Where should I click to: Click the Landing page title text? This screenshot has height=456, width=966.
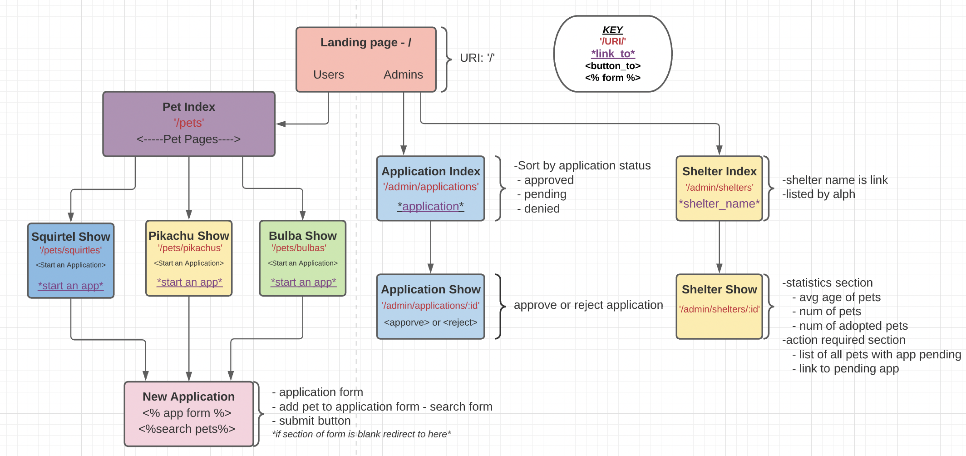pos(365,42)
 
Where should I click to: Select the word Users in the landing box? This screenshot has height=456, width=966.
pos(328,74)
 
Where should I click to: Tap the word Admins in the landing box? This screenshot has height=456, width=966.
pos(403,74)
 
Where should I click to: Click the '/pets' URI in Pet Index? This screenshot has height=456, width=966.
pos(189,123)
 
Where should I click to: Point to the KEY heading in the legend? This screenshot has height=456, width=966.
pos(612,30)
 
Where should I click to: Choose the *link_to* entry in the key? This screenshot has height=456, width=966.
pos(612,54)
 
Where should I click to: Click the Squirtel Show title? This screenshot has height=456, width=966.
pos(71,237)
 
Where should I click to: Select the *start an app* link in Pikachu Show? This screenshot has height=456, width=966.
pos(189,282)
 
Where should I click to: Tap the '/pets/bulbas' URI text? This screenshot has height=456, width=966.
pos(299,248)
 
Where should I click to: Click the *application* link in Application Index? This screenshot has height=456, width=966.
pos(430,206)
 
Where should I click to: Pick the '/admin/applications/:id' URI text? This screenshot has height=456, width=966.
pos(430,306)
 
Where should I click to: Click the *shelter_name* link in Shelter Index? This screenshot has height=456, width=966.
pos(719,203)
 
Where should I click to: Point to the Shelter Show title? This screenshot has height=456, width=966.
pos(719,289)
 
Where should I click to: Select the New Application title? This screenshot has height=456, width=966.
pos(188,397)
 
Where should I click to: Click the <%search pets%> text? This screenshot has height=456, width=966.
pos(187,429)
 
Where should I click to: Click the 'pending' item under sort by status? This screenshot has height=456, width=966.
pos(545,194)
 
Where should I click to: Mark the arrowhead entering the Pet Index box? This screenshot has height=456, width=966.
pos(281,124)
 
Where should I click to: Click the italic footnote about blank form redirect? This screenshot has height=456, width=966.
pos(361,434)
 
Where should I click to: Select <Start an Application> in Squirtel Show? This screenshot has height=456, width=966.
pos(71,265)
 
